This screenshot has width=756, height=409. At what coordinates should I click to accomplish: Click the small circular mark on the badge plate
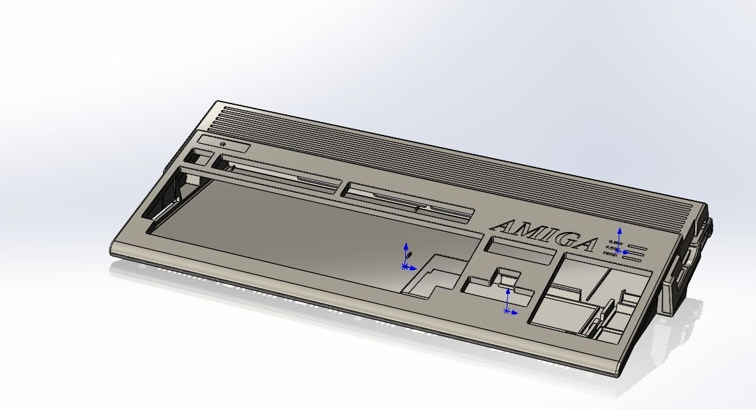click(222, 144)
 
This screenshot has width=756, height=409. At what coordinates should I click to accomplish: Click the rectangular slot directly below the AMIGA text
click(519, 250)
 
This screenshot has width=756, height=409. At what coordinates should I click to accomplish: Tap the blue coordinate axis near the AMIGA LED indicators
click(618, 251)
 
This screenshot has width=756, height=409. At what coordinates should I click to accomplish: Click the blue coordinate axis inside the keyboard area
click(405, 266)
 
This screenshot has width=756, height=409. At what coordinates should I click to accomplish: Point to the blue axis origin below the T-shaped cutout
click(507, 311)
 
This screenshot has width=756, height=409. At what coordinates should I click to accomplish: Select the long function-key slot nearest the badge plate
click(281, 177)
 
